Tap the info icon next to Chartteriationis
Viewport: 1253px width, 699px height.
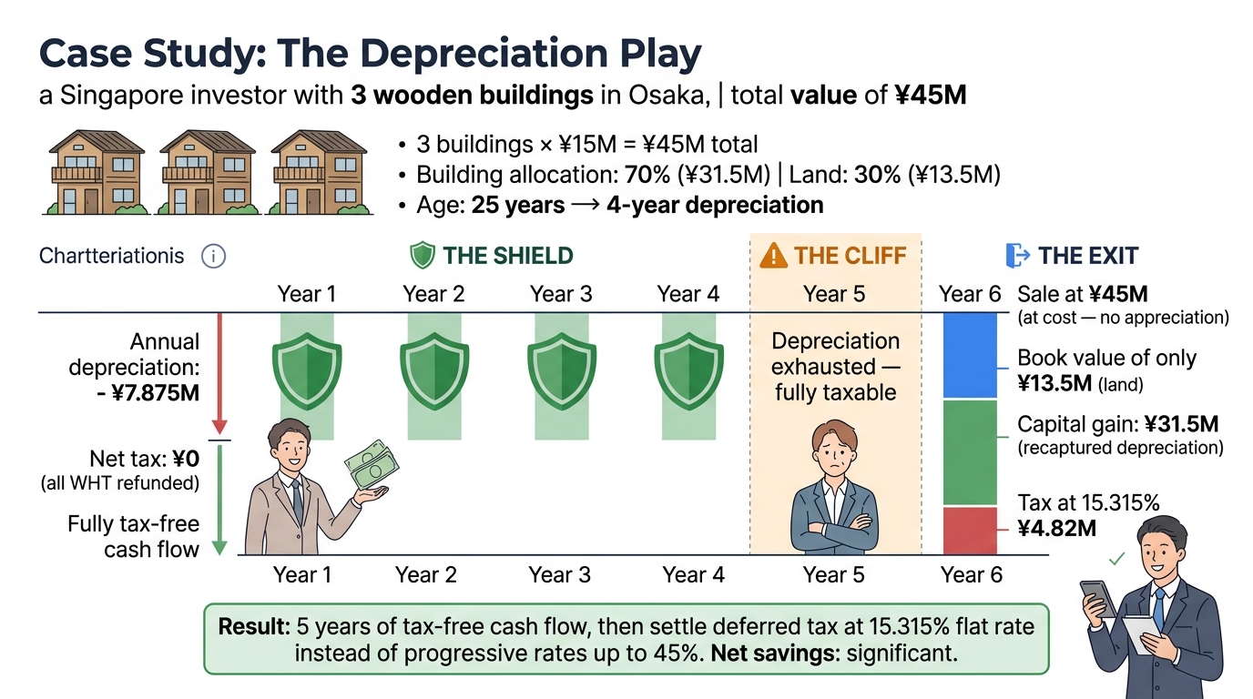click(212, 257)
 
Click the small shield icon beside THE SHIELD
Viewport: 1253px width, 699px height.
click(423, 256)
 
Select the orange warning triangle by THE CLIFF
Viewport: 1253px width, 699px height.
click(772, 256)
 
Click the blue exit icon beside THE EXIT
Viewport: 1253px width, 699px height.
click(1017, 256)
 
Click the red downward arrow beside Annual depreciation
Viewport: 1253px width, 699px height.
click(219, 373)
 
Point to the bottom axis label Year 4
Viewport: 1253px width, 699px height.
click(693, 575)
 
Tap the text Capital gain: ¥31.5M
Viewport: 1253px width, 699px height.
click(1117, 425)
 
